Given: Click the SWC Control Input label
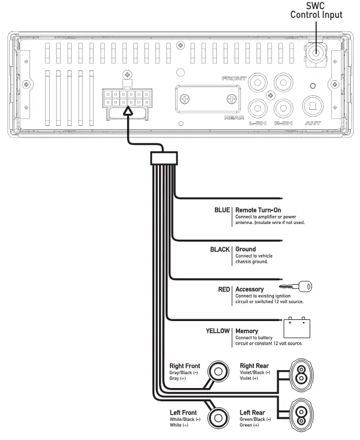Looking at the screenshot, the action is pyautogui.click(x=316, y=10).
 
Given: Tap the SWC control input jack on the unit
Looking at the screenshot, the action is pyautogui.click(x=316, y=53).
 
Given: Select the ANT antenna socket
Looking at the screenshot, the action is pyautogui.click(x=313, y=106).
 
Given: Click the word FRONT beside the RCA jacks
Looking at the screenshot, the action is pyautogui.click(x=234, y=79).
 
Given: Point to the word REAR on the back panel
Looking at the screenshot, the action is pyautogui.click(x=234, y=118).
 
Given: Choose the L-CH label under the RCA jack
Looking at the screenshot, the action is pyautogui.click(x=258, y=123).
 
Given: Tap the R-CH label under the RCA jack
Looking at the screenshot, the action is pyautogui.click(x=283, y=123).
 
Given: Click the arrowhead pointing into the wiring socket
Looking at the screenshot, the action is pyautogui.click(x=128, y=111).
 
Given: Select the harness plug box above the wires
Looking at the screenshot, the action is pyautogui.click(x=164, y=158).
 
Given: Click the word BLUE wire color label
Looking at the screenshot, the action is pyautogui.click(x=222, y=210).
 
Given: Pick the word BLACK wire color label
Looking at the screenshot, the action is pyautogui.click(x=220, y=249).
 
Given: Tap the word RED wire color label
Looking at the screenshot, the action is pyautogui.click(x=224, y=289).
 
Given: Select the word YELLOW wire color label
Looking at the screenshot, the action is pyautogui.click(x=218, y=331).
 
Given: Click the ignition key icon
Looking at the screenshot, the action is pyautogui.click(x=295, y=286).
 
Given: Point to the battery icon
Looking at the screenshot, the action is pyautogui.click(x=297, y=327).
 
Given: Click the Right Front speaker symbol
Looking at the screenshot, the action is pyautogui.click(x=218, y=371).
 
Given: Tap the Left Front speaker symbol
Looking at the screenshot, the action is pyautogui.click(x=218, y=418).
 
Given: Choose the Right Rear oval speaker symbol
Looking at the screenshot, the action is pyautogui.click(x=301, y=375).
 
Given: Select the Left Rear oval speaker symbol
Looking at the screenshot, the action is pyautogui.click(x=301, y=416).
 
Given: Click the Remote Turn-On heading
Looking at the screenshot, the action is pyautogui.click(x=258, y=210).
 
